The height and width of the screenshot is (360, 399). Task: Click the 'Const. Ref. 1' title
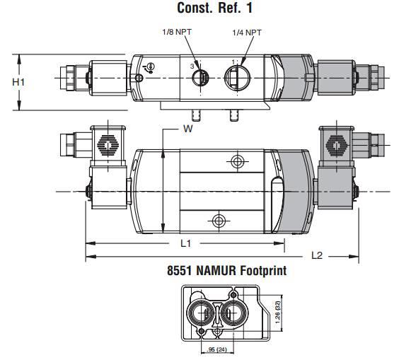point(214,8)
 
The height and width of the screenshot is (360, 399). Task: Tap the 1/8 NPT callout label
point(177,32)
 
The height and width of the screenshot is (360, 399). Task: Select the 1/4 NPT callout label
point(247,33)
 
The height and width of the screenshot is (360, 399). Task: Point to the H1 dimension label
point(18,82)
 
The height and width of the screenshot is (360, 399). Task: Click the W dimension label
point(188,129)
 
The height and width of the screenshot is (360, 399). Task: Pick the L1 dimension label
point(186,243)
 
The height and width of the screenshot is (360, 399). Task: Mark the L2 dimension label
point(317,255)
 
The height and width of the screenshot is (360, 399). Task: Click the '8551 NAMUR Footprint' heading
point(226,270)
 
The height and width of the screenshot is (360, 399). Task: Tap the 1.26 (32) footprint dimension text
point(277,313)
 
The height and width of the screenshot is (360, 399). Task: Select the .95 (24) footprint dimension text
point(216,349)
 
